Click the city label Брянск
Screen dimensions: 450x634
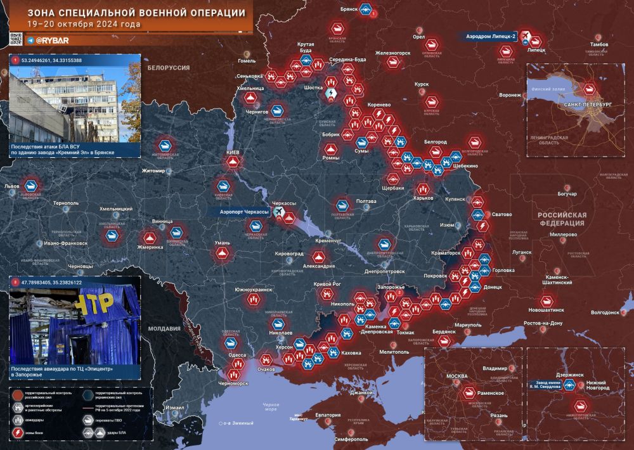pos(350,10)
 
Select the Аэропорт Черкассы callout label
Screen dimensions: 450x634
pos(244,212)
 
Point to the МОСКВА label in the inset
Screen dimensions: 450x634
pos(456,376)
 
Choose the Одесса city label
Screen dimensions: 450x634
pos(236,356)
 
